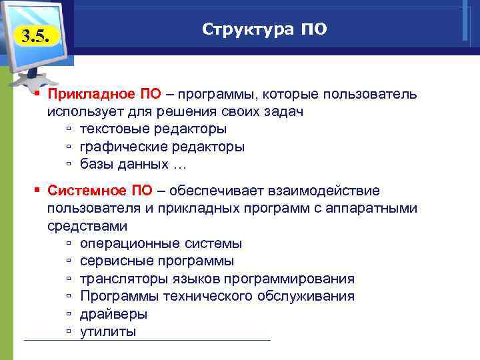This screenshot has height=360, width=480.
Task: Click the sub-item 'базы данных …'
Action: click(134, 163)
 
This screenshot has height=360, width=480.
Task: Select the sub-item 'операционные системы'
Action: click(161, 243)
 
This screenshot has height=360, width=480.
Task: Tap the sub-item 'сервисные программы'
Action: click(157, 261)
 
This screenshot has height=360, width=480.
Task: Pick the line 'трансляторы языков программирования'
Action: click(217, 278)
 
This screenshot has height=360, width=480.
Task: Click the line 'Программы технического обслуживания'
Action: click(217, 295)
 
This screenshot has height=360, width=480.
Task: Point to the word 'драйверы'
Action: click(113, 313)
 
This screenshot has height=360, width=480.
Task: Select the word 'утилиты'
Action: click(108, 331)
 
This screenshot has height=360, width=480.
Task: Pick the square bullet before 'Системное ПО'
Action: click(39, 191)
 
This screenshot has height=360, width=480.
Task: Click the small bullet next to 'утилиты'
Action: click(69, 331)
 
